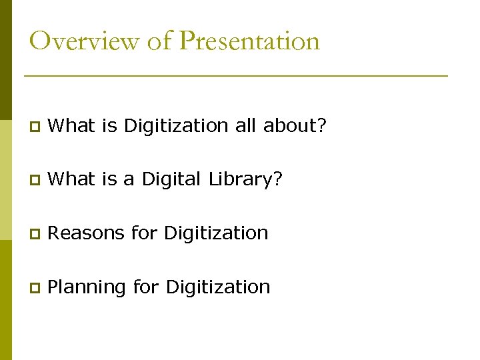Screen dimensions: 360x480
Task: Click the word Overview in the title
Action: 84,41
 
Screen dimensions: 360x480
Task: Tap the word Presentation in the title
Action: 250,41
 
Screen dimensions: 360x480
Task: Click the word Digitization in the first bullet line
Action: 177,125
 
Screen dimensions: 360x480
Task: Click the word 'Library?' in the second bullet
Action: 246,179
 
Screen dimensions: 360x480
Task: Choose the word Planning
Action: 87,287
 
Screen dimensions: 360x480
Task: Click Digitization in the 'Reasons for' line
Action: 216,233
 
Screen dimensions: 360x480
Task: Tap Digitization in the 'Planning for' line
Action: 218,287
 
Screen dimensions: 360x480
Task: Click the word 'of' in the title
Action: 159,41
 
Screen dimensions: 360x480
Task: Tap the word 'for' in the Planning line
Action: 146,287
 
